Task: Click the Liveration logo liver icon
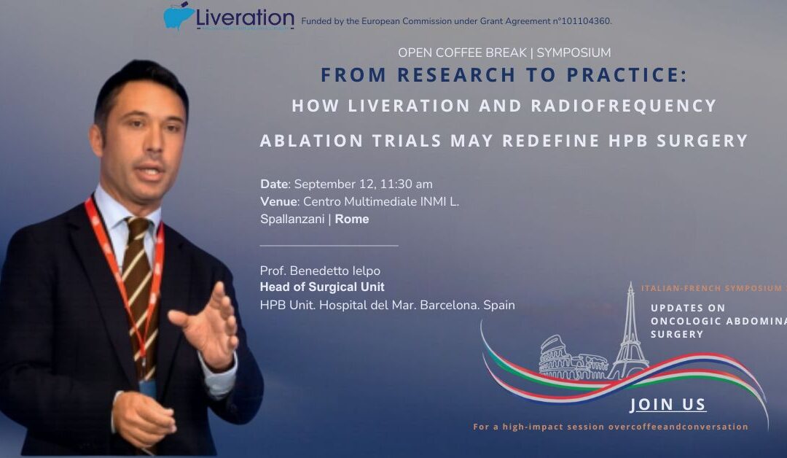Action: click(x=179, y=15)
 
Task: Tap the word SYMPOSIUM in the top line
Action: click(x=573, y=53)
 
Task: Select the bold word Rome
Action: click(x=352, y=219)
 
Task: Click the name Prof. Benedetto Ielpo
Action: click(x=320, y=271)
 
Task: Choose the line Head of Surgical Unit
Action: click(x=322, y=287)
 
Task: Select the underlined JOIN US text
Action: click(x=667, y=405)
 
